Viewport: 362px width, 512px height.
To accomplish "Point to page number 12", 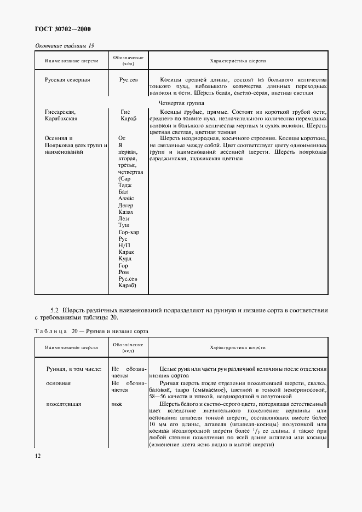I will point(38,456).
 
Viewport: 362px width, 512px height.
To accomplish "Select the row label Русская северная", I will point(67,79).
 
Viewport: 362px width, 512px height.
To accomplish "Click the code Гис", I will point(125,112).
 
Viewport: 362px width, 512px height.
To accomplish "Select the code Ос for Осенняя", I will point(122,138).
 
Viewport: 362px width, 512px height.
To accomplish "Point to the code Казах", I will point(126,212).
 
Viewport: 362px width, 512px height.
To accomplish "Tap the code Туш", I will point(124,225).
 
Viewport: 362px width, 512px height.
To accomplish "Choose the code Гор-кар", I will point(129,232).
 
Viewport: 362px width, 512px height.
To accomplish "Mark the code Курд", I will point(125,259).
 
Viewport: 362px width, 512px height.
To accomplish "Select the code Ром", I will point(124,272).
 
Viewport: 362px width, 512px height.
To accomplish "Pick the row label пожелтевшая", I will point(64,404).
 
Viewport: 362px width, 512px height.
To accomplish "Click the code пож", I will point(116,404).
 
